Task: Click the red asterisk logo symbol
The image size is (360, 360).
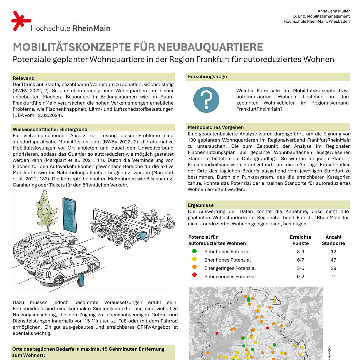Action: (21, 20)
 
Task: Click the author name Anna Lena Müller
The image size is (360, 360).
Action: (333, 11)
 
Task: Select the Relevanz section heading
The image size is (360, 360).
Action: (23, 78)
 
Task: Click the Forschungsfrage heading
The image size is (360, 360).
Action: (207, 77)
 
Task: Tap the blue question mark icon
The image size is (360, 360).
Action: (206, 100)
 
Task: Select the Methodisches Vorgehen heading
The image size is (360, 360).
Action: (216, 127)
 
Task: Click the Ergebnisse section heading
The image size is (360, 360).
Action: (201, 205)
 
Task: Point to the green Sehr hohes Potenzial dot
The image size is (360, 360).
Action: (195, 251)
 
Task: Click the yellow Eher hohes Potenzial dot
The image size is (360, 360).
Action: (195, 259)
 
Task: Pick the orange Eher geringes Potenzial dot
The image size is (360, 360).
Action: (195, 267)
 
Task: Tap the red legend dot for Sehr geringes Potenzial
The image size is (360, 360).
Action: (195, 275)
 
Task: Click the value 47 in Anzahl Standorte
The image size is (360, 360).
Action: (333, 260)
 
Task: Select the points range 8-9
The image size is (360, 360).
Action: (300, 252)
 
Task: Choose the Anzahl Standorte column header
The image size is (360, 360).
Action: (333, 240)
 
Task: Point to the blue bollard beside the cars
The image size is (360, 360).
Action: (81, 280)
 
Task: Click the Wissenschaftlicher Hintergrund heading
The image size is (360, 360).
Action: (50, 129)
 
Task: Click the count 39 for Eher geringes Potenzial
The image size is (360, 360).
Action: (333, 268)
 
